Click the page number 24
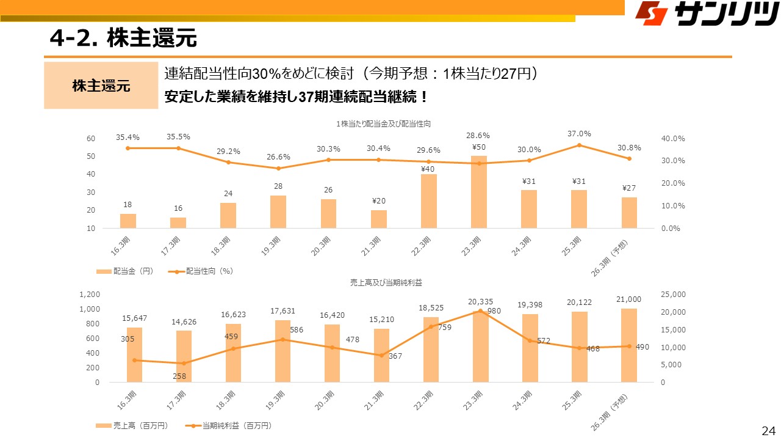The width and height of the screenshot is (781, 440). [x=768, y=430]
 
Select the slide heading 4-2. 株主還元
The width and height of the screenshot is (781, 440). [x=123, y=38]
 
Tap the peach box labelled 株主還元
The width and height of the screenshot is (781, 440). [x=101, y=86]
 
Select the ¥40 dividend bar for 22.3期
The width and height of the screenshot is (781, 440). [x=429, y=201]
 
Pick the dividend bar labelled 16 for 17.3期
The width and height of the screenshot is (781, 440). [x=178, y=222]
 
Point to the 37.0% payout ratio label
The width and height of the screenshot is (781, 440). [x=578, y=133]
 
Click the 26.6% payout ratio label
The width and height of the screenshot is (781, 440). [x=278, y=157]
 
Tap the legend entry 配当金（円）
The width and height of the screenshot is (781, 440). [x=124, y=270]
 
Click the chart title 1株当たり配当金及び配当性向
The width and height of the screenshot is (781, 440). [x=383, y=124]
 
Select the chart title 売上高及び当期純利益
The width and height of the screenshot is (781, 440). [x=386, y=283]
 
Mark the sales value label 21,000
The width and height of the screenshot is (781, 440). [x=628, y=299]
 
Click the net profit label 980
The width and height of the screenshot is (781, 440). [x=494, y=310]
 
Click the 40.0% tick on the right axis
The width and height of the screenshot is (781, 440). [x=673, y=139]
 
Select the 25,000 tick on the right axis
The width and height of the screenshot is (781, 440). [x=674, y=295]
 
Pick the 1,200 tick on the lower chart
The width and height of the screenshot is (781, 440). [x=90, y=295]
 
